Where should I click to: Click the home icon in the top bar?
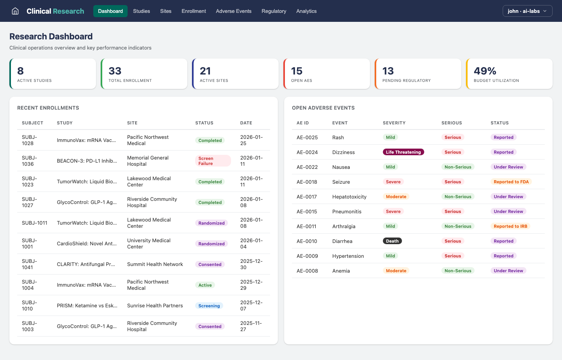click(x=15, y=11)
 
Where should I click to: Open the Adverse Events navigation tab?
click(x=233, y=11)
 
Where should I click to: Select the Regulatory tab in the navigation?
click(x=274, y=11)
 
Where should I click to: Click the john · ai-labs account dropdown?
click(x=527, y=11)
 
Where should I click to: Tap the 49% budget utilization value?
click(x=485, y=71)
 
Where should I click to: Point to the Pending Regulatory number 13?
click(x=388, y=71)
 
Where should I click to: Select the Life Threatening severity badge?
click(x=403, y=152)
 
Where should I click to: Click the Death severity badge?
click(x=392, y=241)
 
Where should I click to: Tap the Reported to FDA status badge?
click(x=511, y=182)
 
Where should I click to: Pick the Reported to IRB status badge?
click(x=510, y=226)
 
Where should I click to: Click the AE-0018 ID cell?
click(x=307, y=182)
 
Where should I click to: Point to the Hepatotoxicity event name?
click(x=349, y=197)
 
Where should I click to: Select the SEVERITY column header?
click(x=394, y=123)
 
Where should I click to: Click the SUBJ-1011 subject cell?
click(x=34, y=223)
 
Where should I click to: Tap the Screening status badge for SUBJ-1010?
click(x=209, y=306)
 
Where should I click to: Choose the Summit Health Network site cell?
click(x=155, y=264)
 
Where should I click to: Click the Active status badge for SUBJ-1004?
click(x=205, y=285)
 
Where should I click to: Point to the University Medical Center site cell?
click(x=149, y=243)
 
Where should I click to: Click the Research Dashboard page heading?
click(x=51, y=36)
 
